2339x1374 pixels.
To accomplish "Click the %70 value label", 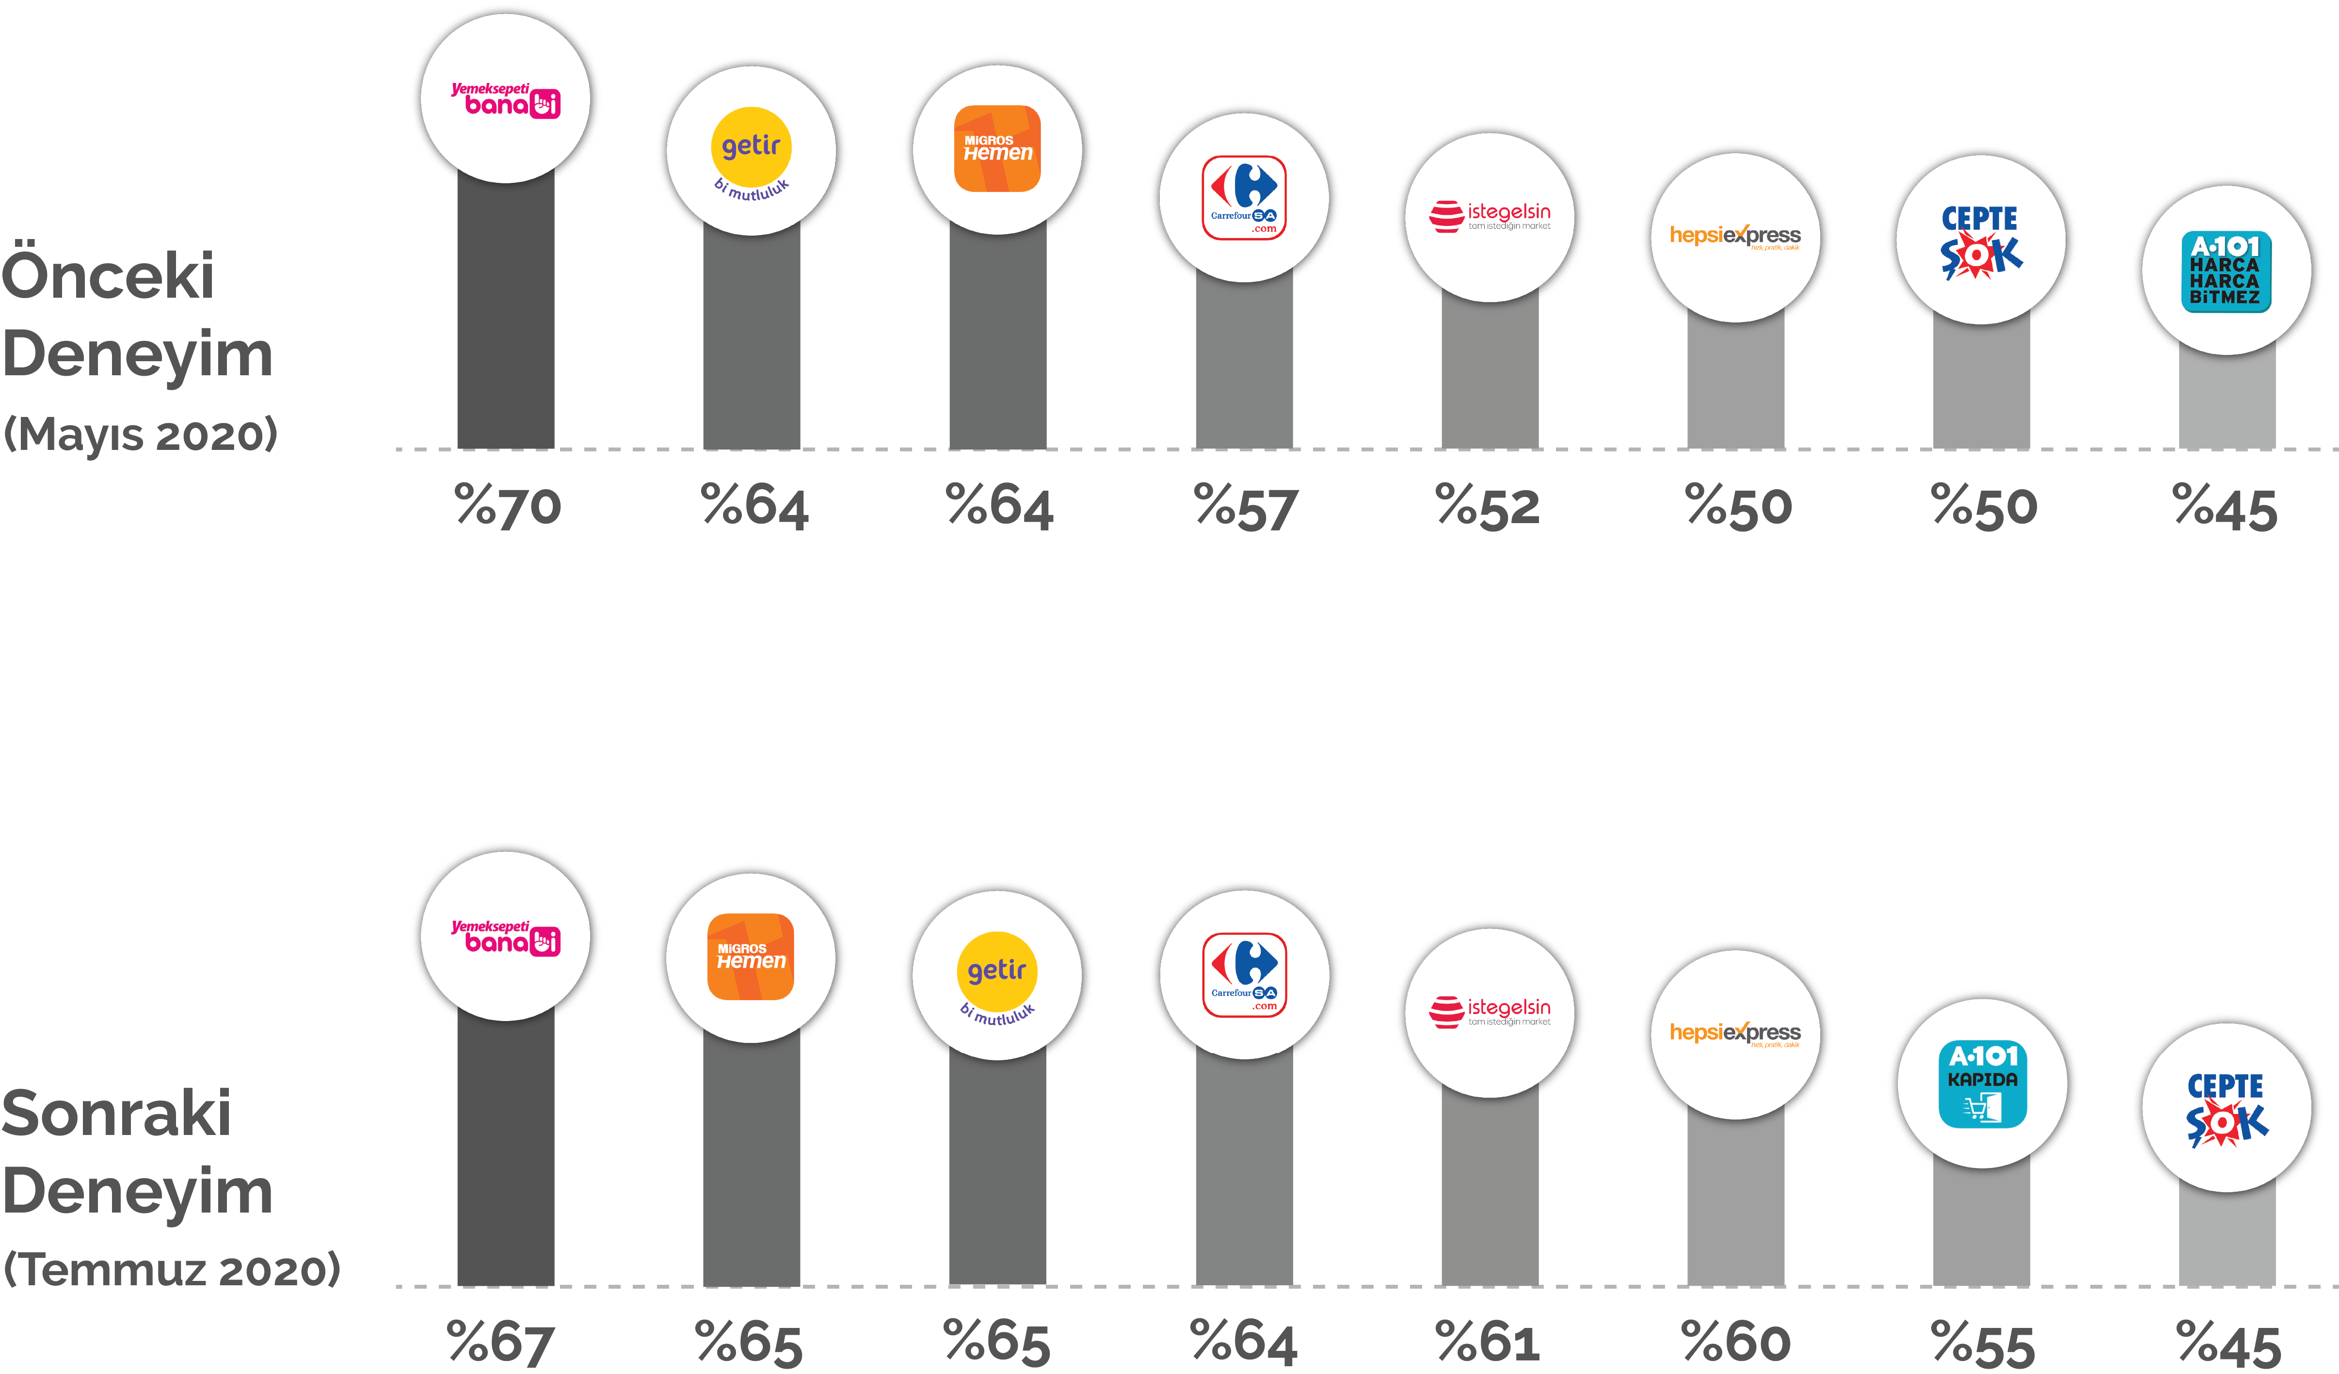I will pos(508,507).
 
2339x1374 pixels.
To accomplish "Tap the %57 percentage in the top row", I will pos(1246,508).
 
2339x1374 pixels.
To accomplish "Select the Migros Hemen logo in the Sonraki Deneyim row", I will pos(751,957).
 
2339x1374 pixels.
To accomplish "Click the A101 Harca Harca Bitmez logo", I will pos(2226,271).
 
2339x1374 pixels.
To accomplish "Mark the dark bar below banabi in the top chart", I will pos(506,316).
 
